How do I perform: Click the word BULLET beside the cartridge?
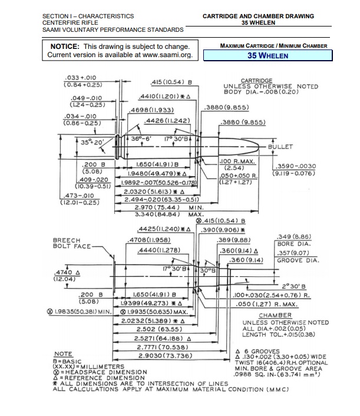coord(281,146)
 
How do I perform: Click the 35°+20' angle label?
coord(92,142)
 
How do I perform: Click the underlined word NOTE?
coord(63,354)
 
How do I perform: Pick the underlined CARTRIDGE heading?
coord(257,80)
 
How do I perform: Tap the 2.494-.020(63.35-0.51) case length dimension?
coord(155,200)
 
